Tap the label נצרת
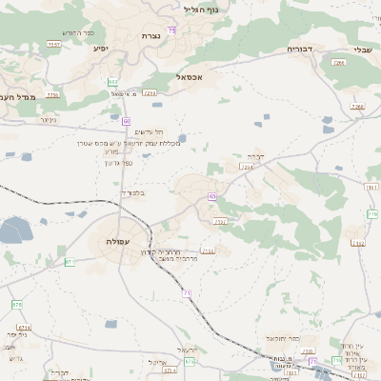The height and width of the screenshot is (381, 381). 150,35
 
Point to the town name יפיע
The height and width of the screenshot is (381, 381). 100,47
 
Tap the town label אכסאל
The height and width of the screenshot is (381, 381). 190,77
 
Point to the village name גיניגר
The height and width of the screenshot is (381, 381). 49,120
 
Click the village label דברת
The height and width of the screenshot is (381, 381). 255,154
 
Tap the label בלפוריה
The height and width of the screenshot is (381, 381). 134,192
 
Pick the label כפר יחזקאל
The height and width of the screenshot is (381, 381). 284,338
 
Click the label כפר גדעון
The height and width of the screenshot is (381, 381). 118,163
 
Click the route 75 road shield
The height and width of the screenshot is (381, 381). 170,30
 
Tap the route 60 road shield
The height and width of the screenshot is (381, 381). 126,121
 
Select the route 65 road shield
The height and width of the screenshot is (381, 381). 211,196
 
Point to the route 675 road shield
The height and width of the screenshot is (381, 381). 16,304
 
